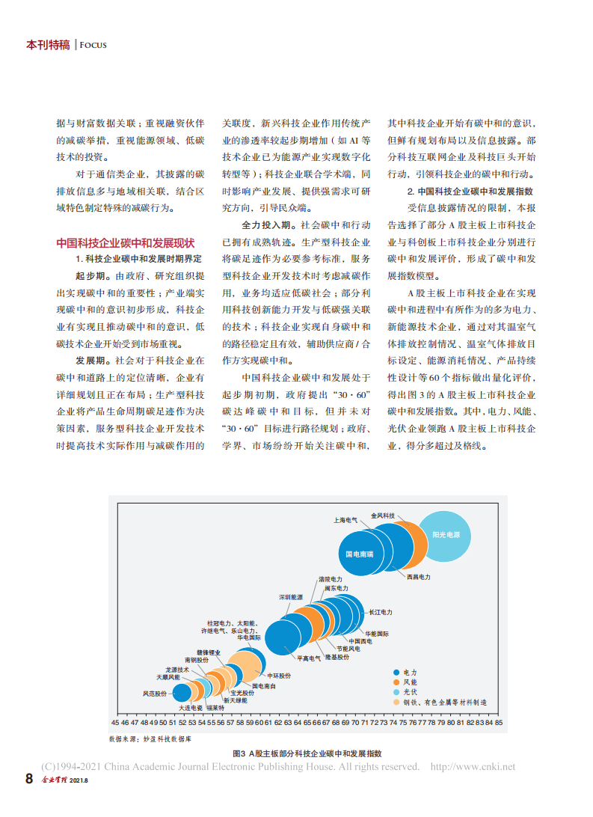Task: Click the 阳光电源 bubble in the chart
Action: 446,536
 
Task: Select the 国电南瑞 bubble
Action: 359,554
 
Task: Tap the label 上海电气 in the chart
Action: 346,519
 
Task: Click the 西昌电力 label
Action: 419,577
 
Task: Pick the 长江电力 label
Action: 380,612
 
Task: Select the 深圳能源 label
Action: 291,597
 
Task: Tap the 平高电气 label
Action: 309,658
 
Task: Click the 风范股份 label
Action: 154,694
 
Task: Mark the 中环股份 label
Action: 279,676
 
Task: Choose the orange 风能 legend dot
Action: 396,682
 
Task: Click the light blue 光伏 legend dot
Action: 396,692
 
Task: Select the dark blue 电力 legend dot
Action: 396,673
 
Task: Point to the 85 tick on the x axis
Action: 498,723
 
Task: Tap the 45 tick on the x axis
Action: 115,723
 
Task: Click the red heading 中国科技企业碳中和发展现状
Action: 126,243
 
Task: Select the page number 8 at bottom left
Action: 29,779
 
